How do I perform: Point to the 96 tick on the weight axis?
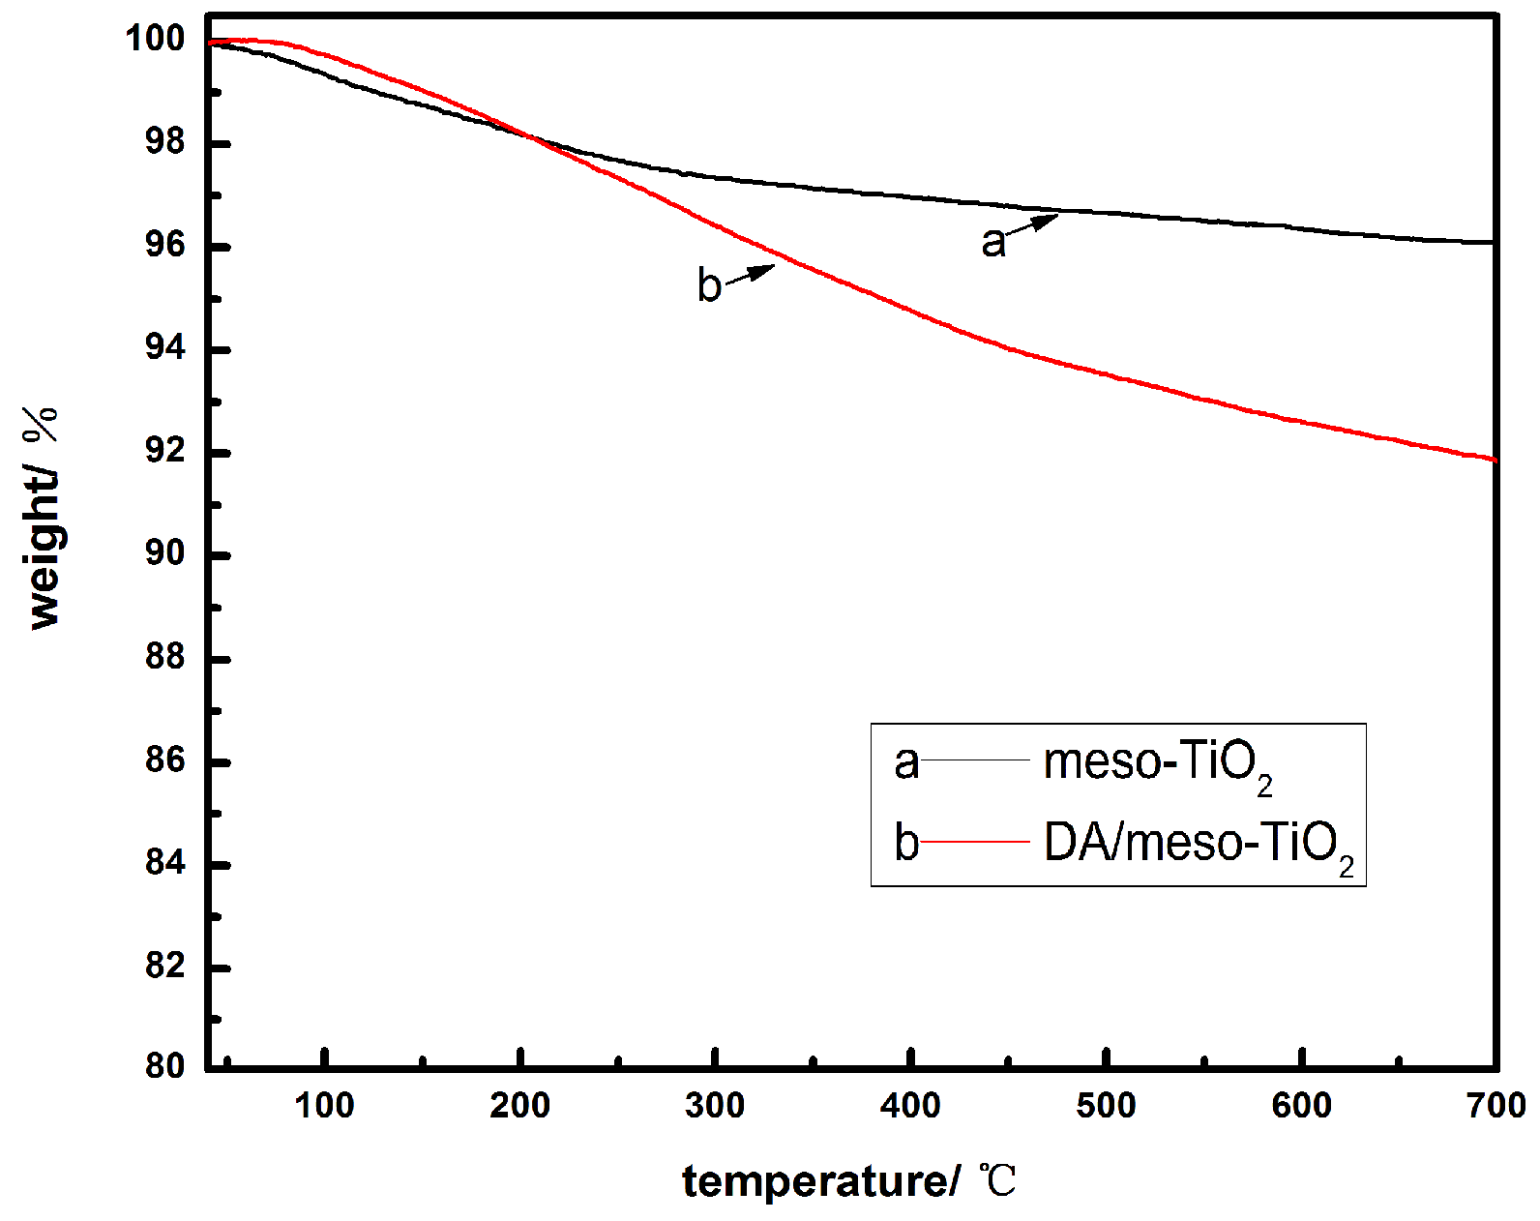[x=164, y=245]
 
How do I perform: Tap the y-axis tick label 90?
[x=164, y=553]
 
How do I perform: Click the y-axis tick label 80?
[x=164, y=1065]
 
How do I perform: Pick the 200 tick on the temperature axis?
[x=519, y=1105]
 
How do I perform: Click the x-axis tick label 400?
[x=910, y=1105]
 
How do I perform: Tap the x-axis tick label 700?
[x=1496, y=1105]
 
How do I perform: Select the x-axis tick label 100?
[x=324, y=1105]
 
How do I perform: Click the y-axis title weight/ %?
[x=44, y=519]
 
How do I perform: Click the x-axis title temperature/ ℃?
[x=849, y=1181]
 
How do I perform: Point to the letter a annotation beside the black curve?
[x=992, y=242]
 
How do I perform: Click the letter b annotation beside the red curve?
[x=709, y=285]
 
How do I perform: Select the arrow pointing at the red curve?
[x=751, y=274]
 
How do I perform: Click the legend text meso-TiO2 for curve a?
[x=1157, y=763]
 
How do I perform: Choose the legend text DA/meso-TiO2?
[x=1198, y=844]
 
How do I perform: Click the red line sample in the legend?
[x=975, y=842]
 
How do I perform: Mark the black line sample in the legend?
[x=975, y=761]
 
